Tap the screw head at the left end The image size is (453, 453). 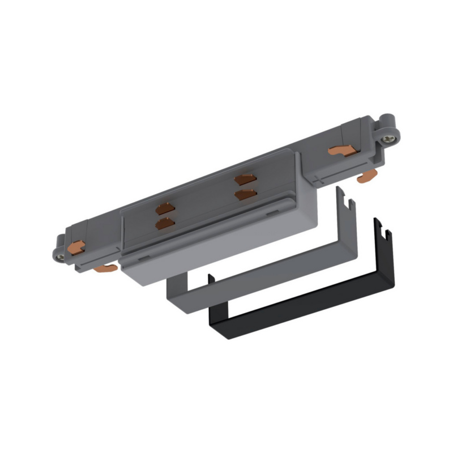(x=60, y=257)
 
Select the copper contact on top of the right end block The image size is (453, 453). (x=342, y=151)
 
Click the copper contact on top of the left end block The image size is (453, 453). (x=76, y=246)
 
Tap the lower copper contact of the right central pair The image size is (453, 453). (x=245, y=195)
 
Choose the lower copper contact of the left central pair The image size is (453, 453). (x=165, y=224)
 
